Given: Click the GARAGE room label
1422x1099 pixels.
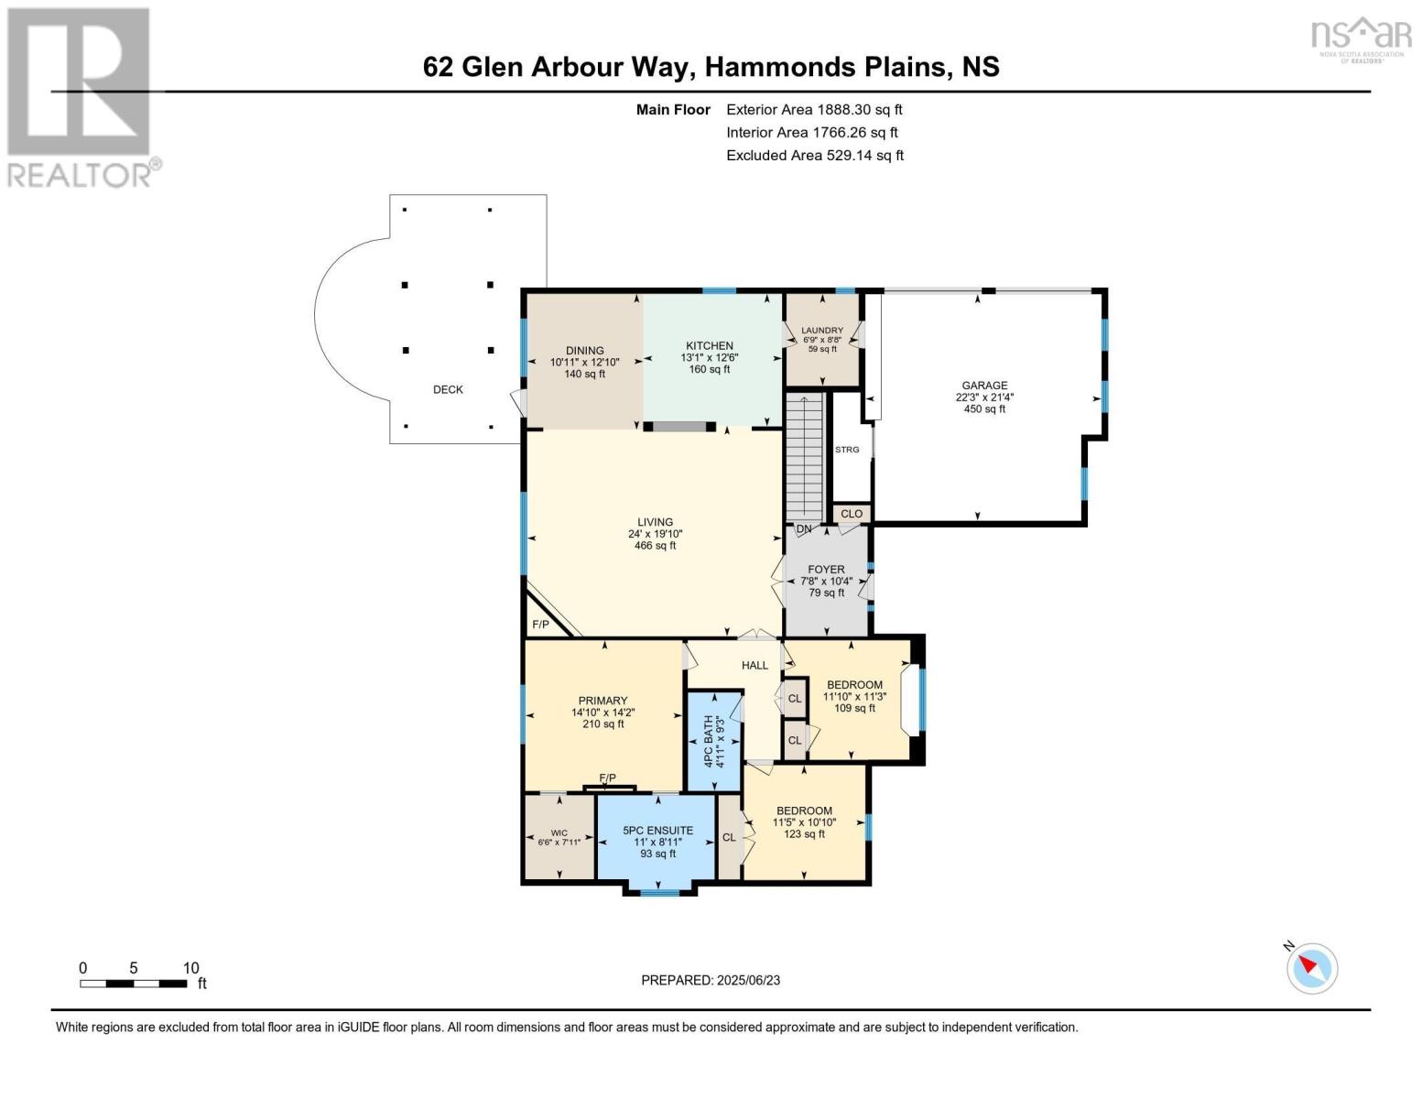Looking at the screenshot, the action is click(984, 386).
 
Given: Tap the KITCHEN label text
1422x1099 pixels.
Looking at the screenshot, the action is click(710, 345).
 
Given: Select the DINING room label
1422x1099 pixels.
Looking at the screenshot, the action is click(584, 351).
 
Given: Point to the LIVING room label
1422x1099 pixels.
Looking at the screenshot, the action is click(655, 522).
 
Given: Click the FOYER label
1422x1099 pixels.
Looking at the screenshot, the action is click(826, 570).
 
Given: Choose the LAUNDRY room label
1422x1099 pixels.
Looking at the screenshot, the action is click(822, 331).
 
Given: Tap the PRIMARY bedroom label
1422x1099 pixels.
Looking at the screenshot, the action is click(602, 701).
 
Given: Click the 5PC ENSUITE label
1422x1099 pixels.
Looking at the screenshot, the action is click(657, 830).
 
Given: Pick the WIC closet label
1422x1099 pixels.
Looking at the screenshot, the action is click(559, 833).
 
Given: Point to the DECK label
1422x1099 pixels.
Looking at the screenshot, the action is click(448, 389).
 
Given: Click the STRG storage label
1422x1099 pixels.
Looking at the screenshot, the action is click(847, 450).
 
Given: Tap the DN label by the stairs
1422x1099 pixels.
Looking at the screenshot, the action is click(804, 528).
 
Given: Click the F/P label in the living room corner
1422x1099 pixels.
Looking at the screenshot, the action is click(540, 625).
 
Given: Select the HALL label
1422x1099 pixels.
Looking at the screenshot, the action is click(754, 665).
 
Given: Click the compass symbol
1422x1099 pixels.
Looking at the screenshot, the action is click(1312, 969).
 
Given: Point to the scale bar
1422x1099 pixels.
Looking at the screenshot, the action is click(134, 984).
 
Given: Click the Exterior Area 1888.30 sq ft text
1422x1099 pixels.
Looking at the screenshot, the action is click(814, 109).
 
